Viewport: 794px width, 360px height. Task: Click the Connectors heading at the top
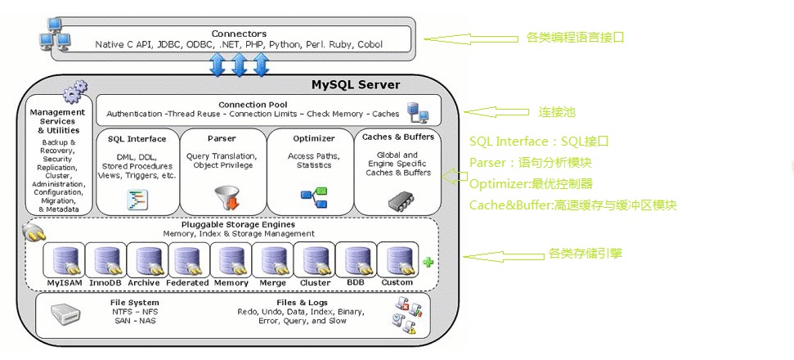point(239,34)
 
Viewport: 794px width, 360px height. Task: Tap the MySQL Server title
point(356,84)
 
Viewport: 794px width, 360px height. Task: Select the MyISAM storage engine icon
point(64,261)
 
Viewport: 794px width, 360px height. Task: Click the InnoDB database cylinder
point(105,261)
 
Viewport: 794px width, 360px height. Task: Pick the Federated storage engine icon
point(187,261)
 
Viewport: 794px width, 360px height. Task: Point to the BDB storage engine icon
point(356,261)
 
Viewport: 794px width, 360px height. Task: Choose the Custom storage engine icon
point(397,261)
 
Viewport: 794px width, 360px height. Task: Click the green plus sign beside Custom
point(427,262)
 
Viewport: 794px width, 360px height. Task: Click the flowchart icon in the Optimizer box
point(313,197)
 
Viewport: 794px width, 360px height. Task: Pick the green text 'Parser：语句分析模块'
point(530,162)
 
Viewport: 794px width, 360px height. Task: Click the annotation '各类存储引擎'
point(585,254)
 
